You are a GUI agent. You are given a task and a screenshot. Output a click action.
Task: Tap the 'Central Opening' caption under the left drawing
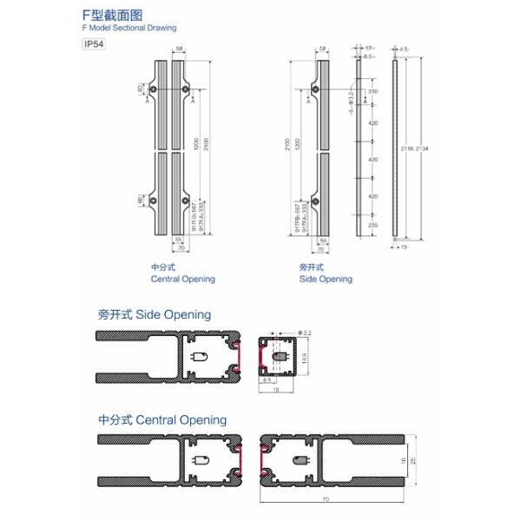pos(182,280)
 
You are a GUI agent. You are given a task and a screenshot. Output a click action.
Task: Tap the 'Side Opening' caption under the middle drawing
pos(326,280)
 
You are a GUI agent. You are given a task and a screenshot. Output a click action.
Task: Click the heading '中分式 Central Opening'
pos(162,420)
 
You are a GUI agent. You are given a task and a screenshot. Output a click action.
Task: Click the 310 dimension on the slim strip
pos(373,91)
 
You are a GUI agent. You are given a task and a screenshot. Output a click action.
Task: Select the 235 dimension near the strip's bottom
pos(373,224)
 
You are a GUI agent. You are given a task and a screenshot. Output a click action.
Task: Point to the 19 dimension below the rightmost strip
pos(404,247)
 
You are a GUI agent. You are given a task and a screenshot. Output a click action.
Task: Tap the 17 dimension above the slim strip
pos(370,49)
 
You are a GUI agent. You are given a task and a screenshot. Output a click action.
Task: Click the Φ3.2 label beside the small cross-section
pos(305,333)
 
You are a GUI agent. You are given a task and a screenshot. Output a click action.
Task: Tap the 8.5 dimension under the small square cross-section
pos(268,380)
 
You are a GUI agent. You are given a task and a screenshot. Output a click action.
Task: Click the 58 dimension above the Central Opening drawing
pos(178,49)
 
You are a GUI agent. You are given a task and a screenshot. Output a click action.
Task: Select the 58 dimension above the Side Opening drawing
pos(323,49)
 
